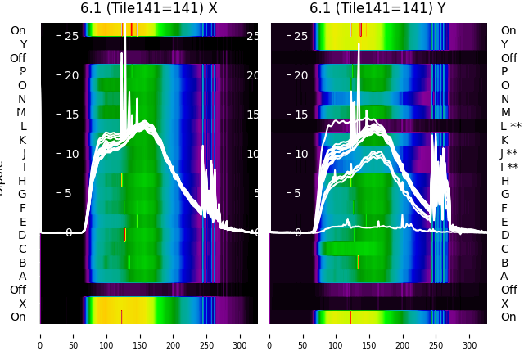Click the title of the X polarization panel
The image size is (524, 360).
tap(148, 8)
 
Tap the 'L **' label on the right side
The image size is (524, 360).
tap(511, 126)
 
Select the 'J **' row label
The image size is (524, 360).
tap(511, 153)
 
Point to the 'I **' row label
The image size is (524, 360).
tap(511, 167)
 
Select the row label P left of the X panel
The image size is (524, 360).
tap(22, 71)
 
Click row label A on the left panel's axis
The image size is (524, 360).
tap(22, 276)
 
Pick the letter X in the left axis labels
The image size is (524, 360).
tap(22, 304)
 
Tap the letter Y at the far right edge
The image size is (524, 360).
tap(504, 44)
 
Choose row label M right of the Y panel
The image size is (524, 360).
tap(505, 112)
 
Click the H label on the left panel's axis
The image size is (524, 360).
tap(22, 181)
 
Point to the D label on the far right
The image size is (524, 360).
tap(504, 235)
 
